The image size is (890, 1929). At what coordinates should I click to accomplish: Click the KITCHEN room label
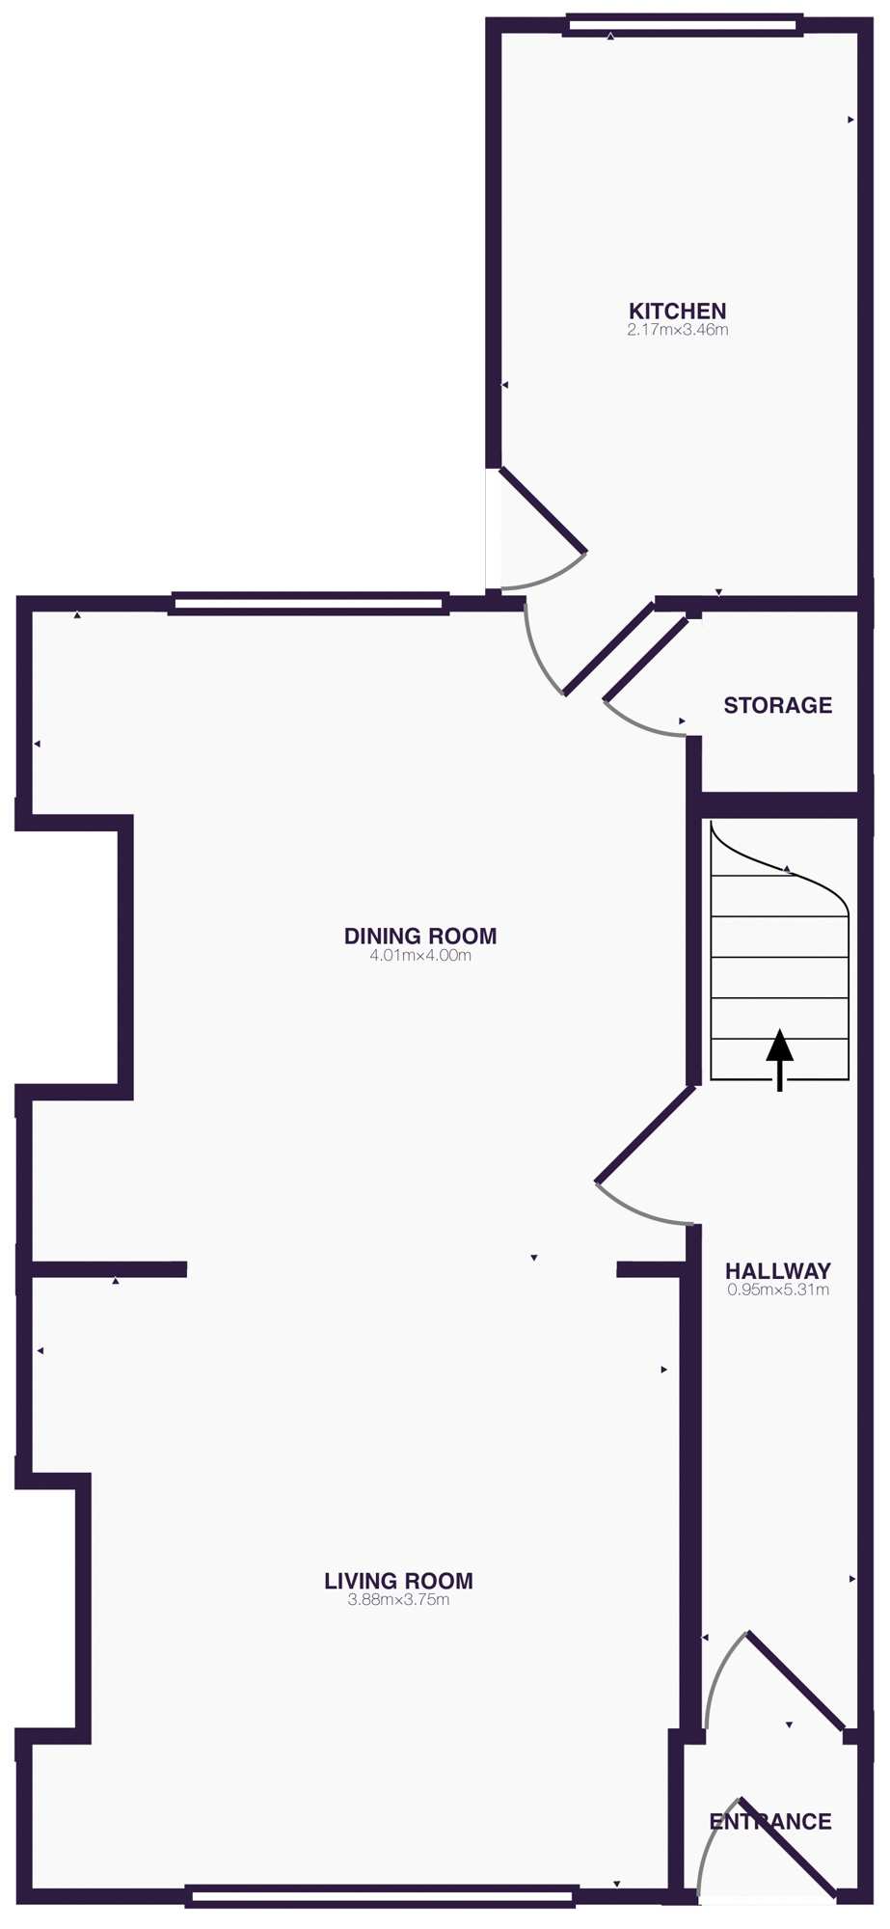677,311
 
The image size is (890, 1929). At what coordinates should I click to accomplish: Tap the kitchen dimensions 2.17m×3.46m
677,330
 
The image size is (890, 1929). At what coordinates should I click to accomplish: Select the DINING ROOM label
420,936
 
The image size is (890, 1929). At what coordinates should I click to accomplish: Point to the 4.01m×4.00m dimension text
420,956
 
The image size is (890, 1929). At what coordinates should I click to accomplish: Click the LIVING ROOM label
398,1581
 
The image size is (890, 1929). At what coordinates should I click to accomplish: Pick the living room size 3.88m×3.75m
398,1600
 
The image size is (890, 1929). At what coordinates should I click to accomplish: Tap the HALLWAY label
777,1270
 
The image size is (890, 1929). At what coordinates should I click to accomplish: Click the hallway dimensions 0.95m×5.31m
777,1290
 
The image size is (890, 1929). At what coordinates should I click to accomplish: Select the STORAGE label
777,705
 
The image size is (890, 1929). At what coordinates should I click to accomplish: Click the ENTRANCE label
769,1821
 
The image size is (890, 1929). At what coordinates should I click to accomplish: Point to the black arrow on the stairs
779,1057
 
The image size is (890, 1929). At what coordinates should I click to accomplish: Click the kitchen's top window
683,25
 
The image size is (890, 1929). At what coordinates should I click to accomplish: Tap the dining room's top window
309,605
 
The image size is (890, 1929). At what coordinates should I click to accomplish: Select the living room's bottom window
381,1896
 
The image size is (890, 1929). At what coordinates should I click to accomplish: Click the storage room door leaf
645,660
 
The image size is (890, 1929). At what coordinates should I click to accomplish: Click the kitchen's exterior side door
543,511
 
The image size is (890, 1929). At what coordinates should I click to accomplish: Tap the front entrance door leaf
786,1847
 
